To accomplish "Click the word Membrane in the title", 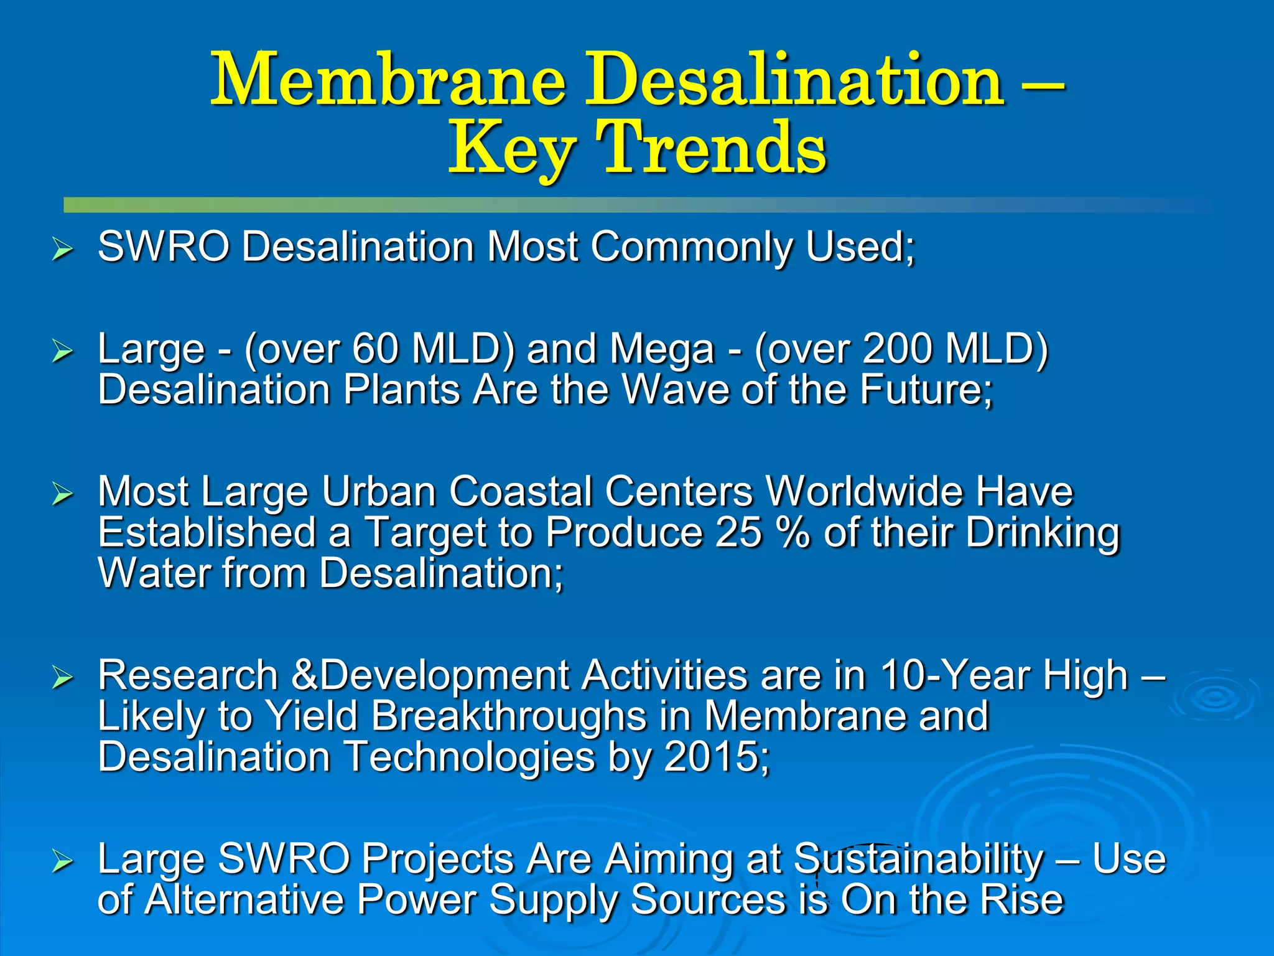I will tap(388, 81).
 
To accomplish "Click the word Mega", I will tap(662, 350).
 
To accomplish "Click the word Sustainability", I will tap(918, 860).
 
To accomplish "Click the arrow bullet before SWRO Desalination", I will tap(63, 250).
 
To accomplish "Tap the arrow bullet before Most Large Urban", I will tap(63, 495).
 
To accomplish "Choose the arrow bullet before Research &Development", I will tap(63, 678).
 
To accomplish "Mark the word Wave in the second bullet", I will tap(676, 390).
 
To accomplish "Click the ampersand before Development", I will tap(304, 676).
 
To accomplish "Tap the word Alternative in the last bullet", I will tap(244, 900).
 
